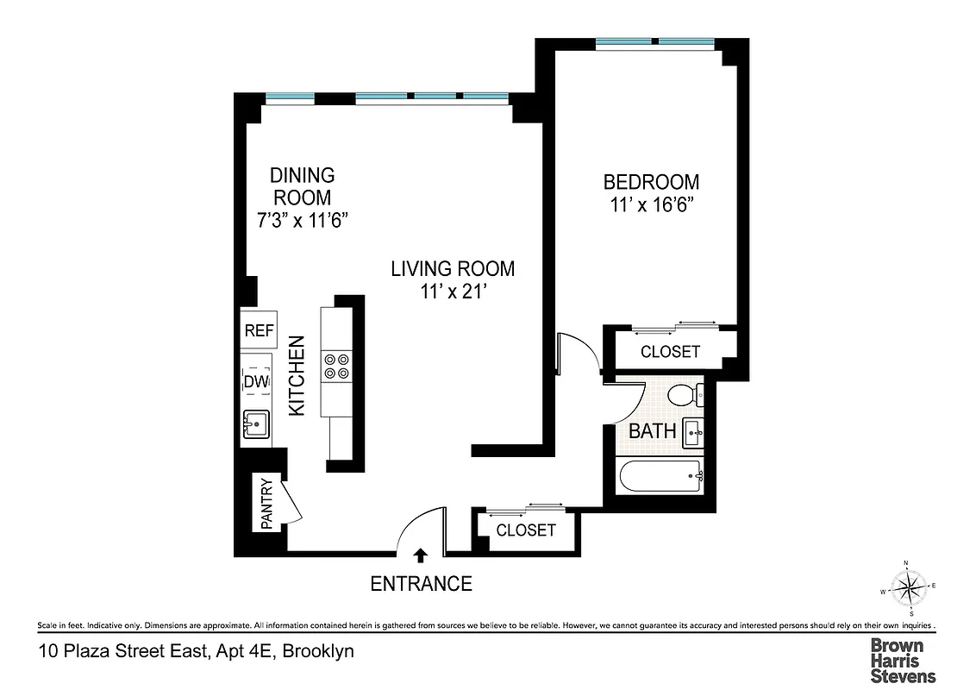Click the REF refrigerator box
click(x=259, y=330)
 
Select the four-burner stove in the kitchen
click(x=335, y=367)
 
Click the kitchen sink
click(x=256, y=424)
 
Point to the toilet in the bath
click(x=685, y=396)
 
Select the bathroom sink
click(x=693, y=431)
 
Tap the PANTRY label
click(x=267, y=504)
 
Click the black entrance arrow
click(x=421, y=554)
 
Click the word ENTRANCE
click(x=421, y=584)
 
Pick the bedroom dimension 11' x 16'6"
click(x=650, y=206)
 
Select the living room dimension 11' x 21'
click(x=453, y=292)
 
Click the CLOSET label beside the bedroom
click(x=670, y=352)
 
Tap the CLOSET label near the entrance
click(x=526, y=530)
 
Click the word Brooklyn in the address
click(x=319, y=652)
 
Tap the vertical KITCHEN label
click(x=297, y=376)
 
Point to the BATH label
click(x=652, y=430)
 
